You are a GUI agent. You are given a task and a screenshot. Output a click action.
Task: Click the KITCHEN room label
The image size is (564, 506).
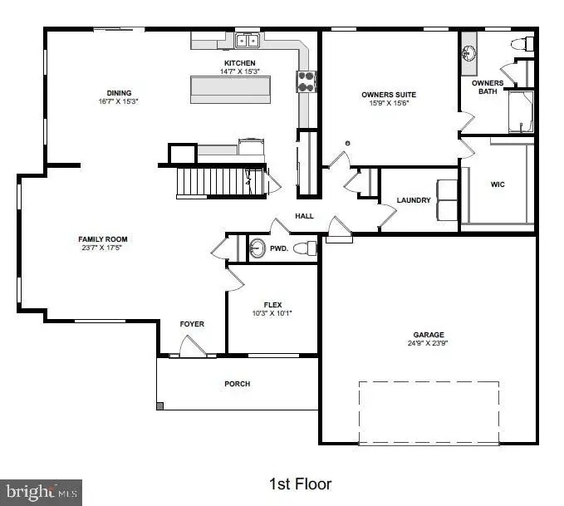[x=239, y=63]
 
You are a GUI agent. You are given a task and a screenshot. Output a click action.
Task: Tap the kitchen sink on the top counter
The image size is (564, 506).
[x=247, y=41]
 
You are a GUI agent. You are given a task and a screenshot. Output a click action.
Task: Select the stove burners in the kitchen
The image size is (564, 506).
[x=307, y=81]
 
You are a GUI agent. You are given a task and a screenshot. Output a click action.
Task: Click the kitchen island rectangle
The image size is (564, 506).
[x=233, y=89]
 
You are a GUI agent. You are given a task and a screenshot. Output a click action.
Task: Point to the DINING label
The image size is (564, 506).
[x=119, y=93]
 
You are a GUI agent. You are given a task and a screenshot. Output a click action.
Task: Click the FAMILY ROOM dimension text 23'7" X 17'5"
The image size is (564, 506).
[x=104, y=248]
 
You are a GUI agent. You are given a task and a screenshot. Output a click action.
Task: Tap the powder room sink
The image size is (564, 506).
[x=257, y=248]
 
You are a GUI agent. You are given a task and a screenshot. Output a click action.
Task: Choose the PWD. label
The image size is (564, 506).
[x=280, y=248]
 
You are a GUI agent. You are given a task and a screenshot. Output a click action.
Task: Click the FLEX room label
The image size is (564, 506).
[x=272, y=304]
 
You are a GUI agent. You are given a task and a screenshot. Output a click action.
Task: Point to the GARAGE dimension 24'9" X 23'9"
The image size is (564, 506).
[x=425, y=343]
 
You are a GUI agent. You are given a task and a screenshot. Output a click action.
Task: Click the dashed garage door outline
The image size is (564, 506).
[x=429, y=412]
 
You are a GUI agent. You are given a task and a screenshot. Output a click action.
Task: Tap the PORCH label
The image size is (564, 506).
[x=237, y=384]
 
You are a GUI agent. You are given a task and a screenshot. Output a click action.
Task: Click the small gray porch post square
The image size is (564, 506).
[x=160, y=406]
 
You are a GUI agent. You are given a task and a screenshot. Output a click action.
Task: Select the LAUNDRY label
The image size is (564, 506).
[x=413, y=200]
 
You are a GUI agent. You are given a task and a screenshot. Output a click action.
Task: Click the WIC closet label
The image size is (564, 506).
[x=498, y=184]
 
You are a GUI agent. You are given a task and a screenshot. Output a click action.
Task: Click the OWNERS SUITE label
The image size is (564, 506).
[x=389, y=94]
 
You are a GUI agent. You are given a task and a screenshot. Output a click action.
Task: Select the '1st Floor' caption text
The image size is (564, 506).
[x=300, y=483]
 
